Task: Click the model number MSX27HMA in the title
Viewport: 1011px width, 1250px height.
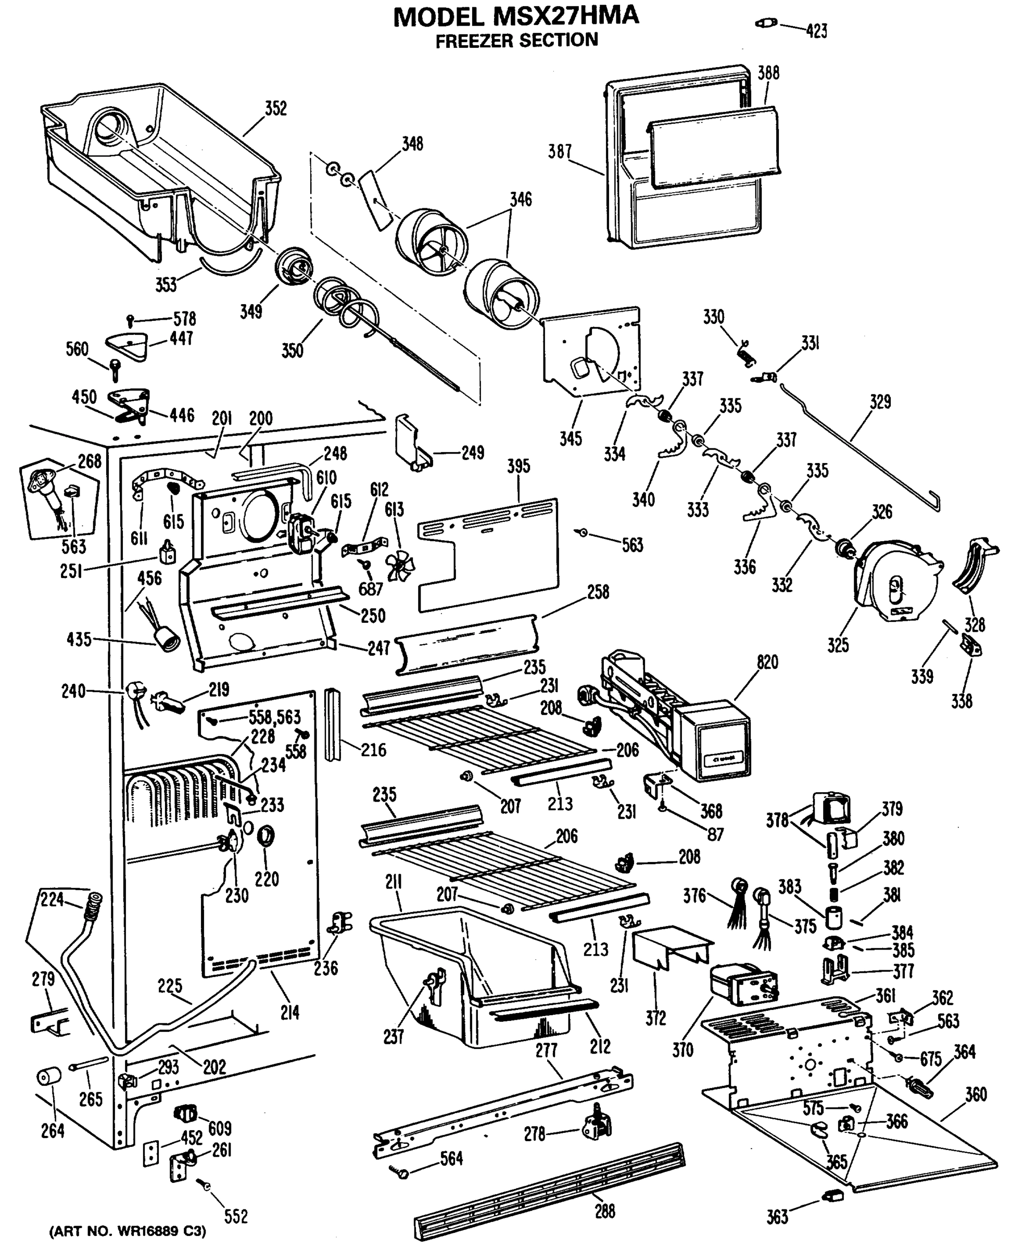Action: [565, 16]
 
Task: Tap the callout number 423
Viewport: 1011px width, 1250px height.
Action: [816, 31]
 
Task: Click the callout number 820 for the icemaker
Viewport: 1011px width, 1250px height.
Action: [767, 662]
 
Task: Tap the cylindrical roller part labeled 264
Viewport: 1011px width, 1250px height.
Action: [49, 1077]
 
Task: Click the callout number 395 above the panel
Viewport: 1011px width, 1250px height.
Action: [519, 466]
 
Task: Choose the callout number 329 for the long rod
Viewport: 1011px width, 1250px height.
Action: [880, 402]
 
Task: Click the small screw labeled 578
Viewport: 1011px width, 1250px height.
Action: [131, 320]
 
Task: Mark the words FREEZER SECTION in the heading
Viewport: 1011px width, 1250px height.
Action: [516, 41]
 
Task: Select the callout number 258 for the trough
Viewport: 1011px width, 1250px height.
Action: [598, 592]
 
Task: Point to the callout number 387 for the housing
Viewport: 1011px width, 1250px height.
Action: [560, 152]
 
